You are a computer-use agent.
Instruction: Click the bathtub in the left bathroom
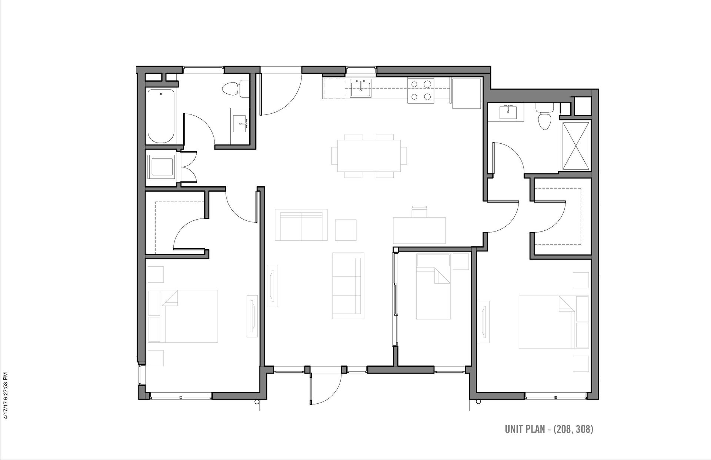[x=161, y=116]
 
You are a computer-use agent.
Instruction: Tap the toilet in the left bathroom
[x=236, y=89]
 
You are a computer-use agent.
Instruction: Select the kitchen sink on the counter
[x=360, y=89]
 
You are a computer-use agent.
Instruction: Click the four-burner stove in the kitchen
[x=421, y=91]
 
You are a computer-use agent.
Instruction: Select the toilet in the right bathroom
[x=544, y=116]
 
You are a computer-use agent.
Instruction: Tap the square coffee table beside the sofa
[x=346, y=230]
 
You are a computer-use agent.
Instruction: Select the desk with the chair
[x=419, y=226]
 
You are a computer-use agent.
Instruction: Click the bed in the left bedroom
[x=183, y=316]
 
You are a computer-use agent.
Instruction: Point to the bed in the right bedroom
[x=554, y=322]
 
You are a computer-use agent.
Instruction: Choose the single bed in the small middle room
[x=433, y=286]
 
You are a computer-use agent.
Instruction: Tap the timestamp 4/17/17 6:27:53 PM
[x=5, y=395]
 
